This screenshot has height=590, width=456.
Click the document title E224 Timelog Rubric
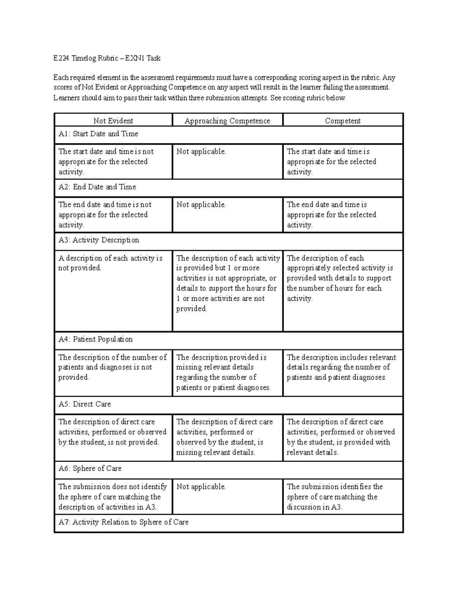pyautogui.click(x=107, y=58)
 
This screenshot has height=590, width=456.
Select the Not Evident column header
pyautogui.click(x=113, y=121)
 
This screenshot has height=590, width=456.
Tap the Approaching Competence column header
pyautogui.click(x=227, y=121)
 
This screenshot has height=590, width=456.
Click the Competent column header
pyautogui.click(x=342, y=121)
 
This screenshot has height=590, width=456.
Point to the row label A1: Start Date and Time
pyautogui.click(x=98, y=134)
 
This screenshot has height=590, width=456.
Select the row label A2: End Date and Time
pyautogui.click(x=97, y=187)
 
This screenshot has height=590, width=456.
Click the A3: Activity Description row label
pyautogui.click(x=98, y=240)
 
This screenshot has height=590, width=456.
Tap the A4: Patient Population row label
pyautogui.click(x=95, y=339)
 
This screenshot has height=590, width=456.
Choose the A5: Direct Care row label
pyautogui.click(x=84, y=404)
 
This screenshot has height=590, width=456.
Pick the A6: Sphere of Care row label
pyautogui.click(x=90, y=468)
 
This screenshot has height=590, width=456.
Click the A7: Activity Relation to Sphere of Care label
pyautogui.click(x=123, y=522)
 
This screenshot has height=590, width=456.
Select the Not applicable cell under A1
pyautogui.click(x=201, y=152)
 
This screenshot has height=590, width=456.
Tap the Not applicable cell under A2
pyautogui.click(x=201, y=205)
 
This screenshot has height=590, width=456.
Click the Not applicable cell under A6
pyautogui.click(x=201, y=487)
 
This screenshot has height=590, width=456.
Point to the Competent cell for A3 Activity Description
pyautogui.click(x=340, y=278)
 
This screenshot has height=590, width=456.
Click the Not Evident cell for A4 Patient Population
pyautogui.click(x=112, y=367)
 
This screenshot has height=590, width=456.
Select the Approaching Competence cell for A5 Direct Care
pyautogui.click(x=225, y=437)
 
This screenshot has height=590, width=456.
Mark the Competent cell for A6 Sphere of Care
pyautogui.click(x=335, y=497)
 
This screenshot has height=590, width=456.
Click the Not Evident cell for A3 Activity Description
pyautogui.click(x=110, y=263)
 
